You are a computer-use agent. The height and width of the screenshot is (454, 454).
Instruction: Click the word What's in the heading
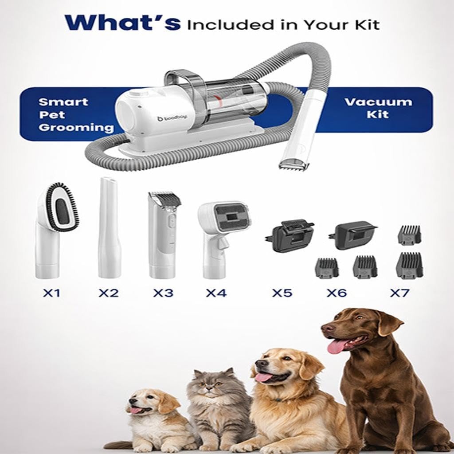pyautogui.click(x=122, y=23)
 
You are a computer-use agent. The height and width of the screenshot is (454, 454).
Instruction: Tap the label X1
pyautogui.click(x=51, y=294)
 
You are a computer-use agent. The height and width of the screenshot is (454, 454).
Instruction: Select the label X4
pyautogui.click(x=216, y=294)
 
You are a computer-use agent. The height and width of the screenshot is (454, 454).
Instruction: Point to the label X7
pyautogui.click(x=399, y=294)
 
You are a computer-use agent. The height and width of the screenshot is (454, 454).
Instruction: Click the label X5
pyautogui.click(x=282, y=294)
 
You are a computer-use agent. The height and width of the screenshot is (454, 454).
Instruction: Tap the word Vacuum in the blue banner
pyautogui.click(x=378, y=102)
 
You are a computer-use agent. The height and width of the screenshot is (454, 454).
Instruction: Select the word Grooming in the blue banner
pyautogui.click(x=76, y=127)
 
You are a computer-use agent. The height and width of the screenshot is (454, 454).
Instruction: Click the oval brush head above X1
pyautogui.click(x=61, y=207)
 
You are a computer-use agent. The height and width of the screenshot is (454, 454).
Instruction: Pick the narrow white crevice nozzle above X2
pyautogui.click(x=109, y=227)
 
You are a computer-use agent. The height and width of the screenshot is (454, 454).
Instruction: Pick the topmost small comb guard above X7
pyautogui.click(x=409, y=234)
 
